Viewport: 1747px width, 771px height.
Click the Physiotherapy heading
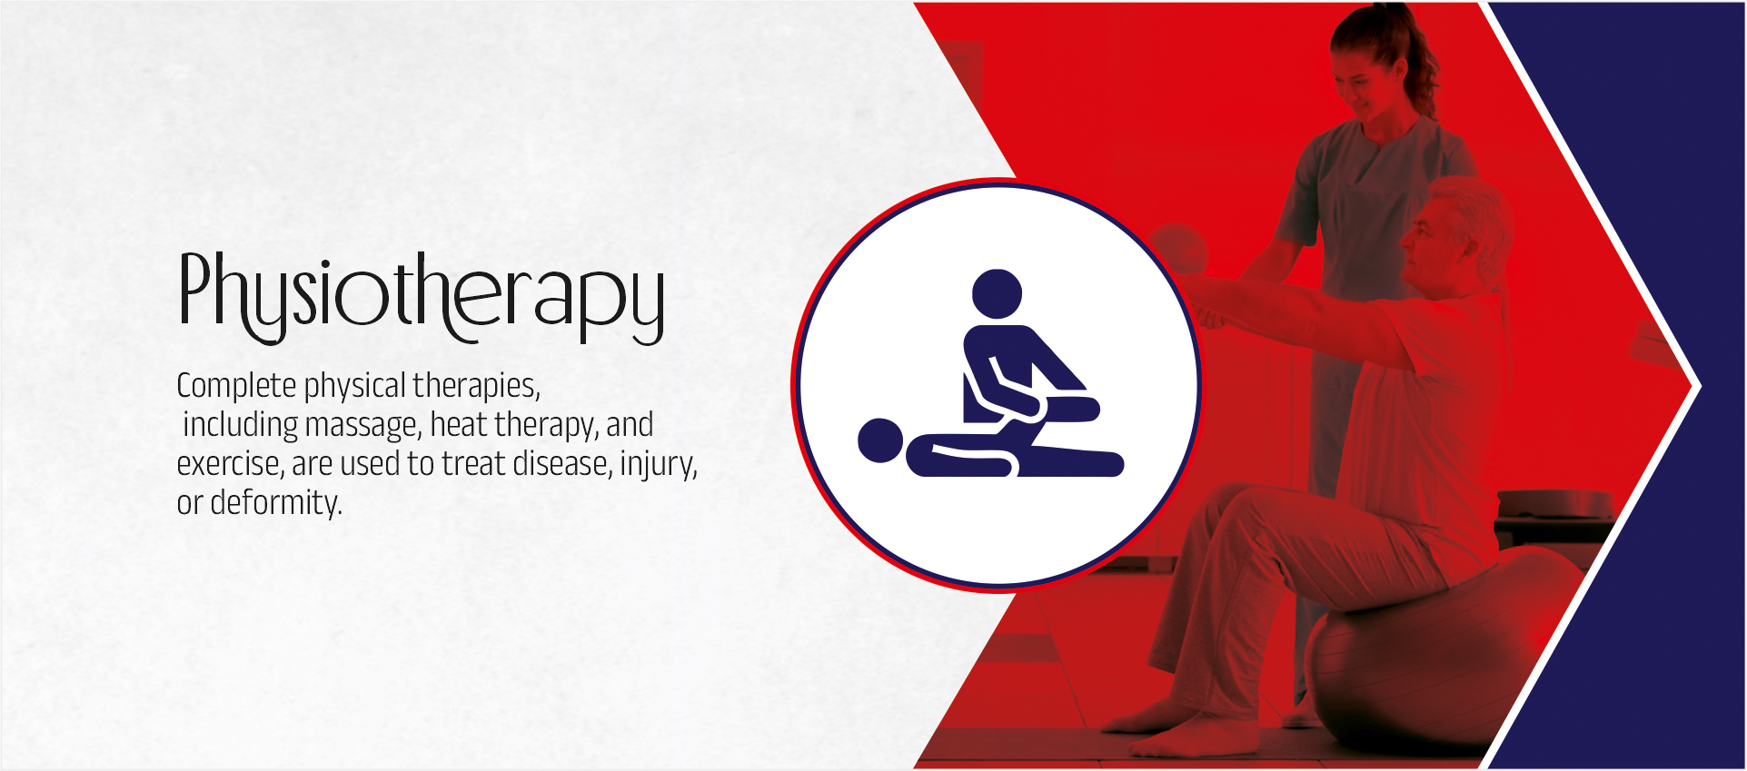click(x=422, y=297)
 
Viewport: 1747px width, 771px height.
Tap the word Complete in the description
click(x=236, y=386)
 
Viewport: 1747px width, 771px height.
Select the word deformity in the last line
click(x=276, y=502)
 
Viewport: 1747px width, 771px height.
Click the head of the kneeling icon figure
click(x=998, y=294)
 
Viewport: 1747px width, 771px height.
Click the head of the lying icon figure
click(x=880, y=440)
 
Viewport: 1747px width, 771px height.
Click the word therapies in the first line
click(x=476, y=386)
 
